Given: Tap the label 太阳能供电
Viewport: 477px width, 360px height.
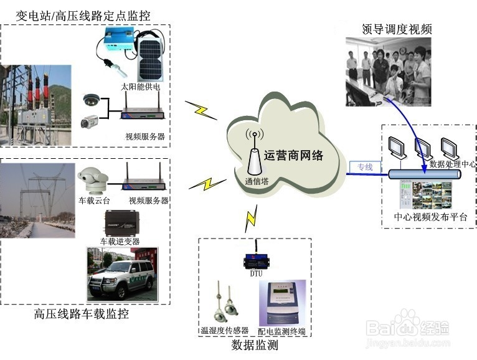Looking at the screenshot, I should tap(141, 87).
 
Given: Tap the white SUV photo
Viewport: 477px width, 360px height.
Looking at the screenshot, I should tap(121, 275).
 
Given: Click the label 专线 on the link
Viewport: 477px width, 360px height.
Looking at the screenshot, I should tap(364, 167).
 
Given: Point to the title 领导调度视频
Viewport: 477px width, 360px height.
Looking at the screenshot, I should tap(397, 29).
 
